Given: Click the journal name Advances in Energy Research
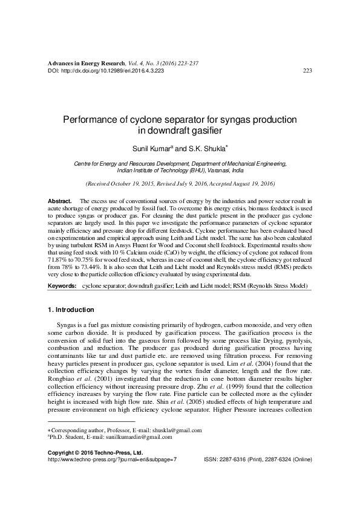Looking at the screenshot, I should (83, 63).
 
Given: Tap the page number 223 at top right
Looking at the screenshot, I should (307, 71).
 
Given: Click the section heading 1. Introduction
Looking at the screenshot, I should (70, 310).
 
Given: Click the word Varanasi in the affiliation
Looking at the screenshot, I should (206, 170).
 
